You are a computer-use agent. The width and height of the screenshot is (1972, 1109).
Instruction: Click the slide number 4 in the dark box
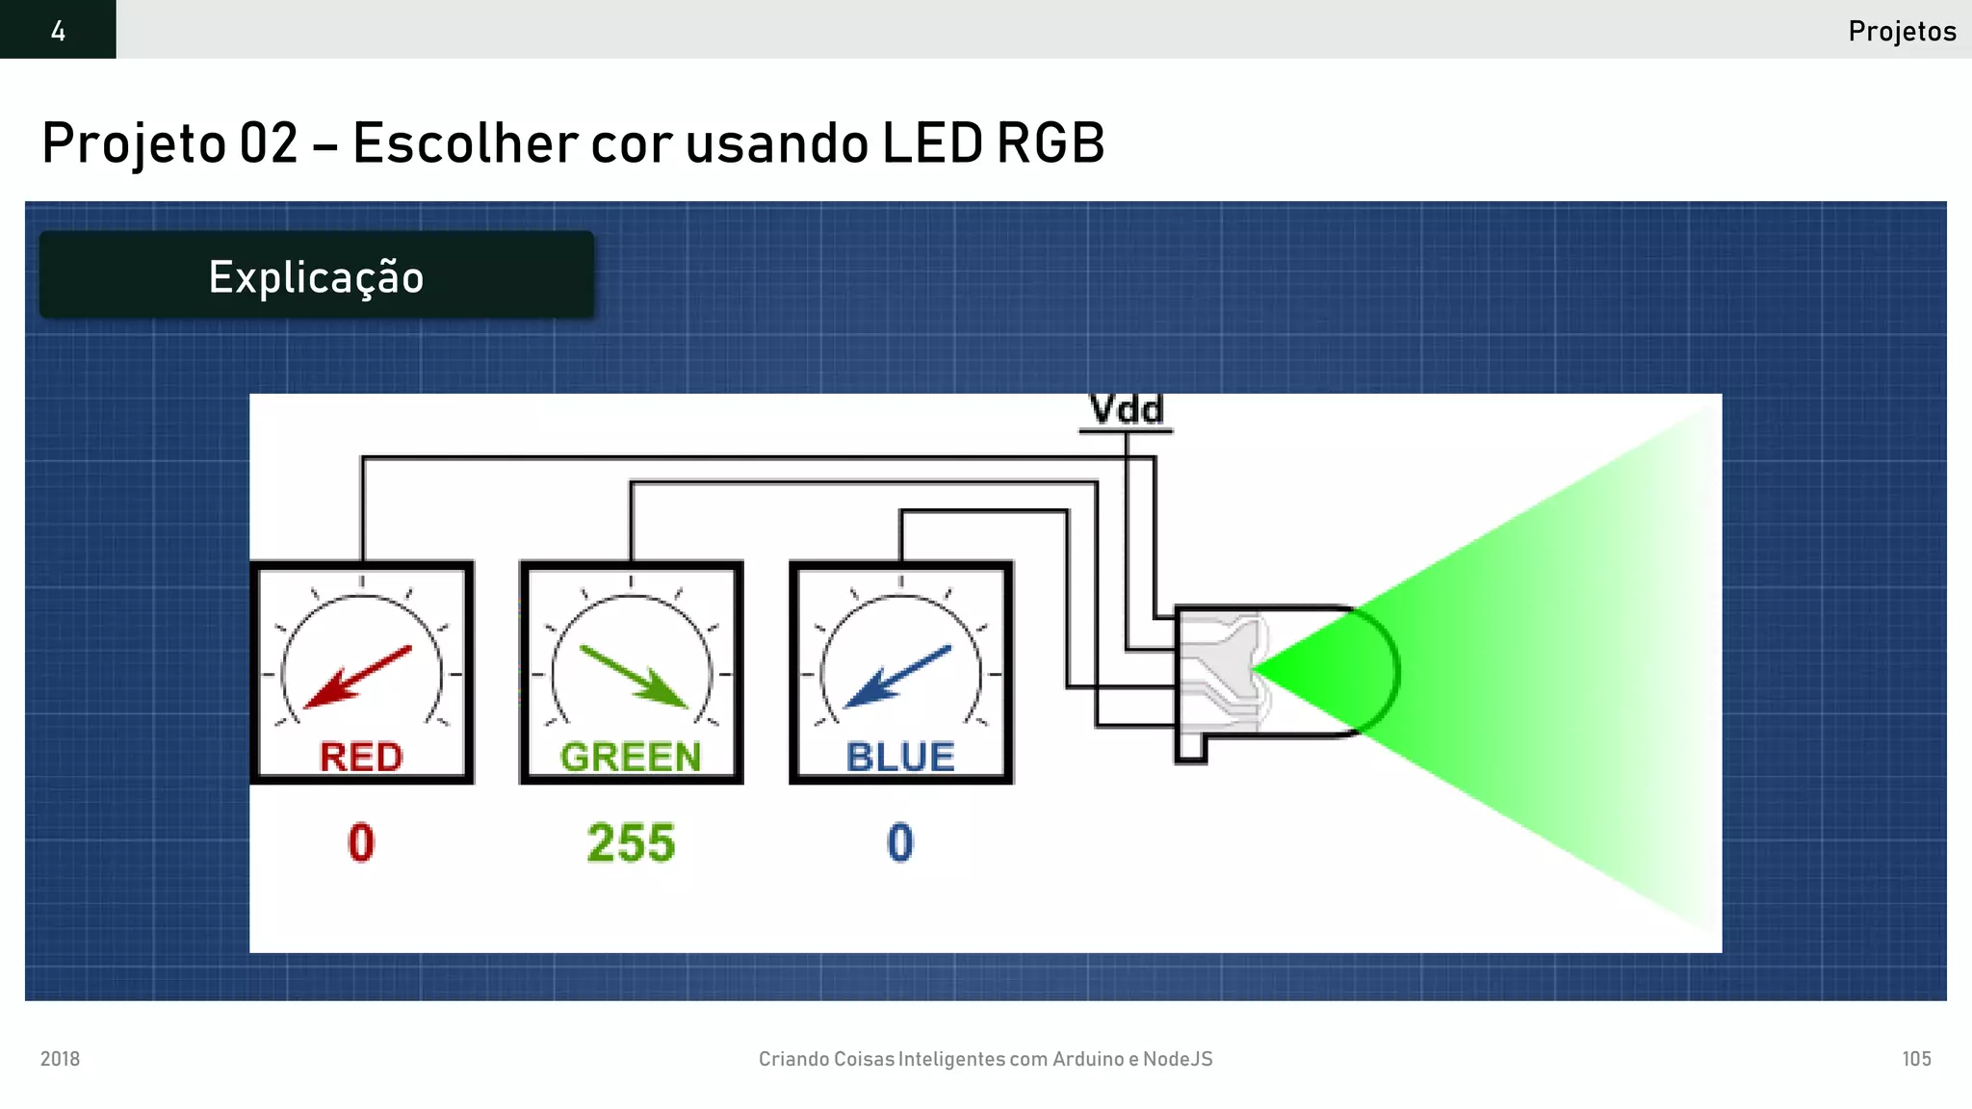[x=58, y=31]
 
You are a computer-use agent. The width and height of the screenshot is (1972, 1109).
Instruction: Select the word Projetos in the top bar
[x=1902, y=31]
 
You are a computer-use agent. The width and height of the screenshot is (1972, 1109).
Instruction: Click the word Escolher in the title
[x=463, y=143]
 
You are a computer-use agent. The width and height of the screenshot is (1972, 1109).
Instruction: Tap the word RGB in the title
[x=1051, y=143]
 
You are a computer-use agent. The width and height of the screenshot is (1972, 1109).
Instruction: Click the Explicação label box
[x=316, y=276]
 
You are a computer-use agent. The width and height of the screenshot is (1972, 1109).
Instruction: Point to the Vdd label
[x=1126, y=410]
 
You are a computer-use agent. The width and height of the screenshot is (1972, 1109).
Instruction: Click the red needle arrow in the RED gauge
[x=357, y=677]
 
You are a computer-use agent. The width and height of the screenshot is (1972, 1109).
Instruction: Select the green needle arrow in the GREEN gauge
[x=634, y=677]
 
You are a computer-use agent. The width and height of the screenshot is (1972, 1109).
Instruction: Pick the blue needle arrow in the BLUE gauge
[x=896, y=677]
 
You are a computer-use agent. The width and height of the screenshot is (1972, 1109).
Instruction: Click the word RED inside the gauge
[x=361, y=757]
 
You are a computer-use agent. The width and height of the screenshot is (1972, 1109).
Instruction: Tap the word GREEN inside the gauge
[x=631, y=757]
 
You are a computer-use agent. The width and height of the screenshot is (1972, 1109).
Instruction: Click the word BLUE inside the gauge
[x=900, y=757]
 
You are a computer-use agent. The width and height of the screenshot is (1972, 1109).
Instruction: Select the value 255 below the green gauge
[x=631, y=843]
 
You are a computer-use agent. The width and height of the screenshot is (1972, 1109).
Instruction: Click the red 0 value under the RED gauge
[x=361, y=843]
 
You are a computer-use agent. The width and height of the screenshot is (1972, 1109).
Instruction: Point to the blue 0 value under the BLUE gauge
[x=900, y=843]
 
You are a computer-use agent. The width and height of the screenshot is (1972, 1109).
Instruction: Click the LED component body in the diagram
[x=1281, y=672]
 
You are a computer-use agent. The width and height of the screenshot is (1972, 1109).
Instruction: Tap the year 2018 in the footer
[x=60, y=1059]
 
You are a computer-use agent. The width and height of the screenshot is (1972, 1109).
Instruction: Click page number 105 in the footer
[x=1916, y=1059]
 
